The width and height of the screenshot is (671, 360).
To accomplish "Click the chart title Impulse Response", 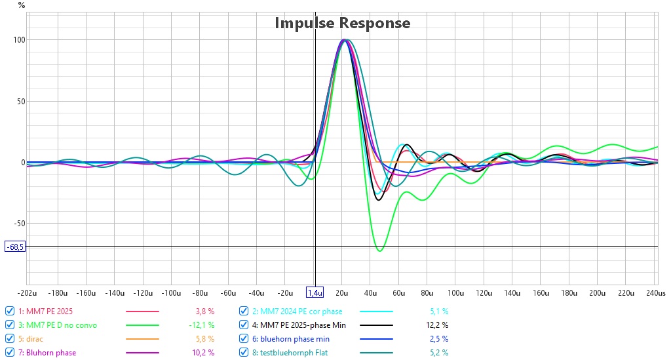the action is coord(342,23).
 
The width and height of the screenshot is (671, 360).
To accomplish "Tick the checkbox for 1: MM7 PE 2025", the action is coord(10,311).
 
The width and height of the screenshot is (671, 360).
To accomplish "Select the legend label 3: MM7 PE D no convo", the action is coord(58,325).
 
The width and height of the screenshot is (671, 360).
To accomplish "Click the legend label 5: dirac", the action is coord(30,338).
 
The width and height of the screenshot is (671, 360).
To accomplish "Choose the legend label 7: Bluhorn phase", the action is coord(47,353).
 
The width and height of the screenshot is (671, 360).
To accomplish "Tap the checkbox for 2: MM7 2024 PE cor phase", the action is coord(244,311).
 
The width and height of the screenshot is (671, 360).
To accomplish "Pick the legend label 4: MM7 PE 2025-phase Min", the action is coord(299,325).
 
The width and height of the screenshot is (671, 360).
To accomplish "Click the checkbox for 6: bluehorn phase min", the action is coord(244,338).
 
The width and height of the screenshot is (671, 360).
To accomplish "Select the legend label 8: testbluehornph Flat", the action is coord(290,353).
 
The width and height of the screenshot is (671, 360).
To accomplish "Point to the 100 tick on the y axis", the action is coord(19,40).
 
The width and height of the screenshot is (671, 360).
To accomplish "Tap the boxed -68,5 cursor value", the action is coord(15,247).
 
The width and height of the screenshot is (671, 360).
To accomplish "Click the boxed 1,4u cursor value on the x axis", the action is coord(315,293).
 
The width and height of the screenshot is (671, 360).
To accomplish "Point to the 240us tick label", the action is coord(656,293).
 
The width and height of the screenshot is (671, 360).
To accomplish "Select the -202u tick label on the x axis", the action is coord(27,293).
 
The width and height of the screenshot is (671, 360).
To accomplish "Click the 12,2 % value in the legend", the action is coord(437,325).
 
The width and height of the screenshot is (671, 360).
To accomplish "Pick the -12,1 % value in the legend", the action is coord(202,325).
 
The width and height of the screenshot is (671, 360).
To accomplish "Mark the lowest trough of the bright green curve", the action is coord(379,251).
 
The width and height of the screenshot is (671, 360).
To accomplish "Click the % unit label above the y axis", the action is coord(22,5).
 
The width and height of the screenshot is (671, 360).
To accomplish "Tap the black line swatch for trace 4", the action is coord(376,325).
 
